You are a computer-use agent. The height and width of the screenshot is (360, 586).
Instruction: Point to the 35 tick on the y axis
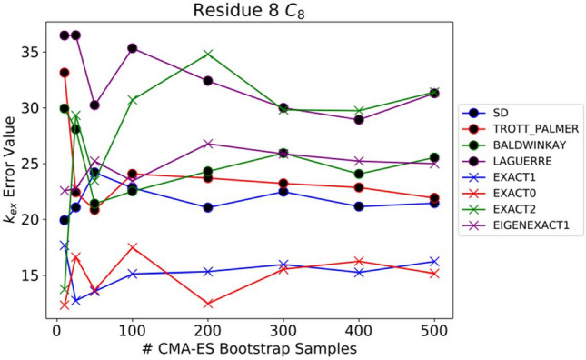click(35, 53)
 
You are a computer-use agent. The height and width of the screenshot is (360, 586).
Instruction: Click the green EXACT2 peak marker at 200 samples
click(208, 55)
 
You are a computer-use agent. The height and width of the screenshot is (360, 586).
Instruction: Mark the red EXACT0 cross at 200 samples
click(208, 303)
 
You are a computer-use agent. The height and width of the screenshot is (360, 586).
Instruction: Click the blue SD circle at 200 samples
click(208, 207)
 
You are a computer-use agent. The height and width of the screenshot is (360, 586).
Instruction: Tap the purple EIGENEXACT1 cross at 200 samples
click(208, 144)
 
